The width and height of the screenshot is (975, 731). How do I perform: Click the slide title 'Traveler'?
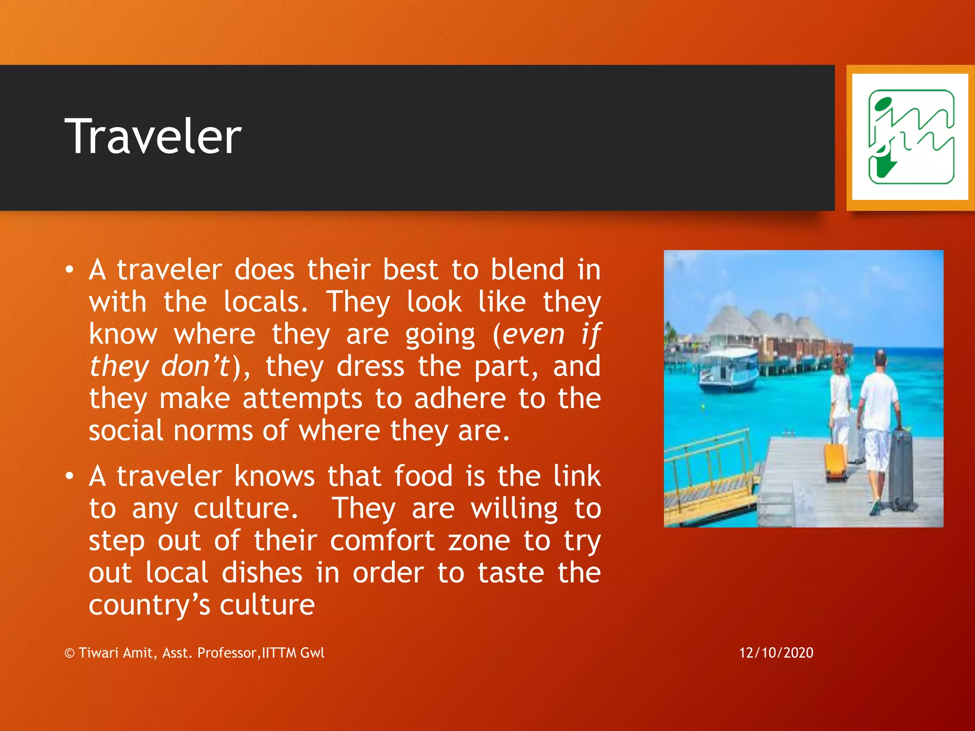point(153,137)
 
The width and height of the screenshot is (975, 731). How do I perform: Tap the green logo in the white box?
point(911,137)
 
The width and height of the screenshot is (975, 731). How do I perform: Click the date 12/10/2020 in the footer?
point(776,652)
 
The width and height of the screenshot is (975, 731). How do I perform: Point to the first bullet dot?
point(70,270)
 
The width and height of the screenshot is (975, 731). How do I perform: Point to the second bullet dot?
point(70,476)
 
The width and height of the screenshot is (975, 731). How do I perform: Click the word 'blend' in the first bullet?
point(527,270)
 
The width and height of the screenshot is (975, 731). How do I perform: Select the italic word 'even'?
point(534,334)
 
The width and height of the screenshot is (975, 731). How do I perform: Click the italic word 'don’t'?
point(196,366)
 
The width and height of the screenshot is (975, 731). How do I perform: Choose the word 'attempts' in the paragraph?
point(303,398)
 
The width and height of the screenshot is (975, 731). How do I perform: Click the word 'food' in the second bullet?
point(423,476)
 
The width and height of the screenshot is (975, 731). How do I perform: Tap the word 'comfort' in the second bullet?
point(382,541)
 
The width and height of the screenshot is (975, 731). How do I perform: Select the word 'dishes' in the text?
point(262,573)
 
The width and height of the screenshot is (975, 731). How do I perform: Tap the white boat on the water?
point(728,369)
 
